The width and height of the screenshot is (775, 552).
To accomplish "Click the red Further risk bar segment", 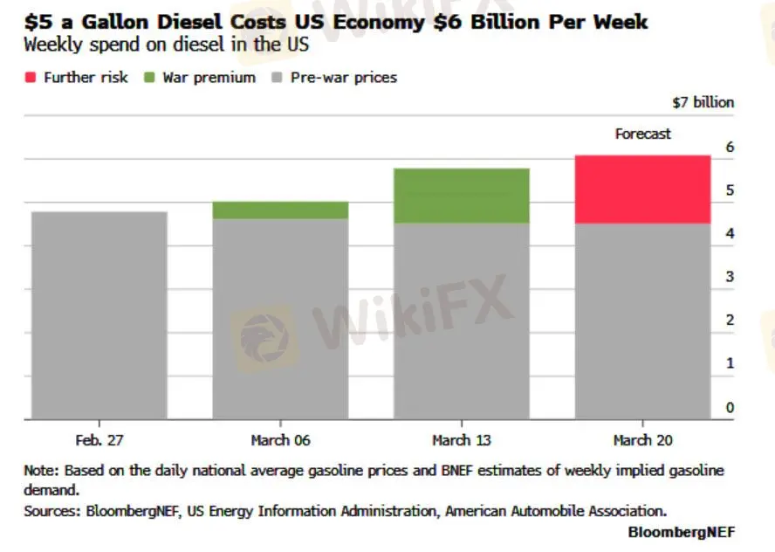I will [x=642, y=190].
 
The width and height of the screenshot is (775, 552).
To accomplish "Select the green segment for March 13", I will [x=462, y=196].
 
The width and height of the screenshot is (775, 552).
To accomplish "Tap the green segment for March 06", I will [x=280, y=210].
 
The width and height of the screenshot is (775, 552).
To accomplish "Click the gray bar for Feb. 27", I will [x=99, y=315].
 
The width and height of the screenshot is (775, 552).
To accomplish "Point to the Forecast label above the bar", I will [x=642, y=134].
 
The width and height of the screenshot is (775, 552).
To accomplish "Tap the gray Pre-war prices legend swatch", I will [x=274, y=78].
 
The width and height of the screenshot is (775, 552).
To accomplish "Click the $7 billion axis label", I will [x=703, y=102].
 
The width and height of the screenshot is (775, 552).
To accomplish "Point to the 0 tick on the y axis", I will [x=730, y=407].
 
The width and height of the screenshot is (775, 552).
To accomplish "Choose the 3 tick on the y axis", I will [x=730, y=277].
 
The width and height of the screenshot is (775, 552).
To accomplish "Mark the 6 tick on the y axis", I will [x=730, y=147].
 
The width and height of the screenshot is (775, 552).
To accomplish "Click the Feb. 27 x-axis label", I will [x=99, y=440].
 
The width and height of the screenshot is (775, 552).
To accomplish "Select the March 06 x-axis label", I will [x=280, y=440].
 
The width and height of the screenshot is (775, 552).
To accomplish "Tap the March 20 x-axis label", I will [x=642, y=440].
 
